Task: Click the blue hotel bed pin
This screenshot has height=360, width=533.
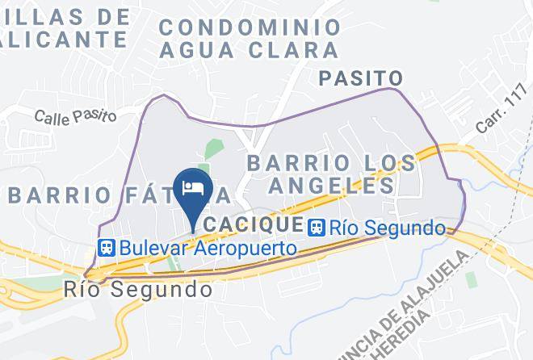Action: point(192,189)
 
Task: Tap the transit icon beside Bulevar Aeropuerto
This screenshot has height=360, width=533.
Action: point(106,248)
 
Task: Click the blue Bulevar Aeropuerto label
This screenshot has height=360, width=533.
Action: point(208,248)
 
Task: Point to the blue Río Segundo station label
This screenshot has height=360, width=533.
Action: point(387,228)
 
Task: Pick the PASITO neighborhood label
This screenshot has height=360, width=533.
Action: point(360,78)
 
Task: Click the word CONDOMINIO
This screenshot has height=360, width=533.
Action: point(250,27)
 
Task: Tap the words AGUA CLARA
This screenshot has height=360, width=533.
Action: point(248,49)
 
